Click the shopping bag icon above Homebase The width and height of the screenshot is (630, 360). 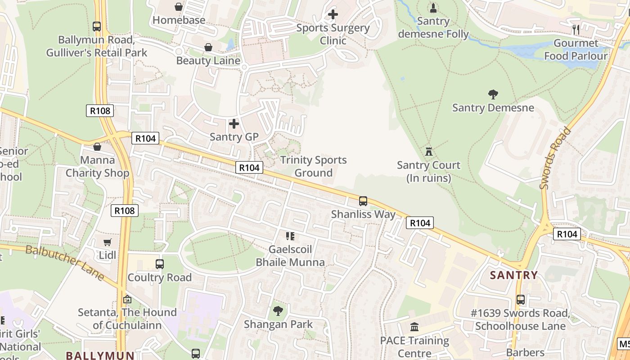tap(179, 7)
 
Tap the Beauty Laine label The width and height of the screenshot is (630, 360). tap(208, 60)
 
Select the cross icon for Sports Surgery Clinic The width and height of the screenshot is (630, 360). tap(333, 14)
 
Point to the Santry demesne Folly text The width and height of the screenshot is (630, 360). tap(433, 27)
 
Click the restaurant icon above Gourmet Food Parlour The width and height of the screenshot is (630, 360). tap(576, 30)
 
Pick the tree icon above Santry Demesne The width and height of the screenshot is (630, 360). tap(493, 94)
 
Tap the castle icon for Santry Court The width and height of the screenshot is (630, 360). tap(428, 151)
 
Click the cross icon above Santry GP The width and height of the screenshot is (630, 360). tap(234, 123)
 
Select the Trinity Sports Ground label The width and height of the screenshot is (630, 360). tap(313, 166)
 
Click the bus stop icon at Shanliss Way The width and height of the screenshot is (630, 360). tap(363, 201)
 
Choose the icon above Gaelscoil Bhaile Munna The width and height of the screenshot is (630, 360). tap(290, 236)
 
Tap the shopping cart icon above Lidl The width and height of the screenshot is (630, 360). tap(107, 243)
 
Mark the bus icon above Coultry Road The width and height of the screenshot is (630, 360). tap(160, 264)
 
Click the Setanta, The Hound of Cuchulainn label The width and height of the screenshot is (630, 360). tap(127, 319)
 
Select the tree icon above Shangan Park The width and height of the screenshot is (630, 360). tap(278, 310)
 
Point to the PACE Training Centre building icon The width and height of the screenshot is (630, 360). tap(414, 327)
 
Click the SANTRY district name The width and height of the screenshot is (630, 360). tap(513, 275)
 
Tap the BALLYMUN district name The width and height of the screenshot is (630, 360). tap(100, 355)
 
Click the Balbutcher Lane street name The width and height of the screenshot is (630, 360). tap(65, 263)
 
